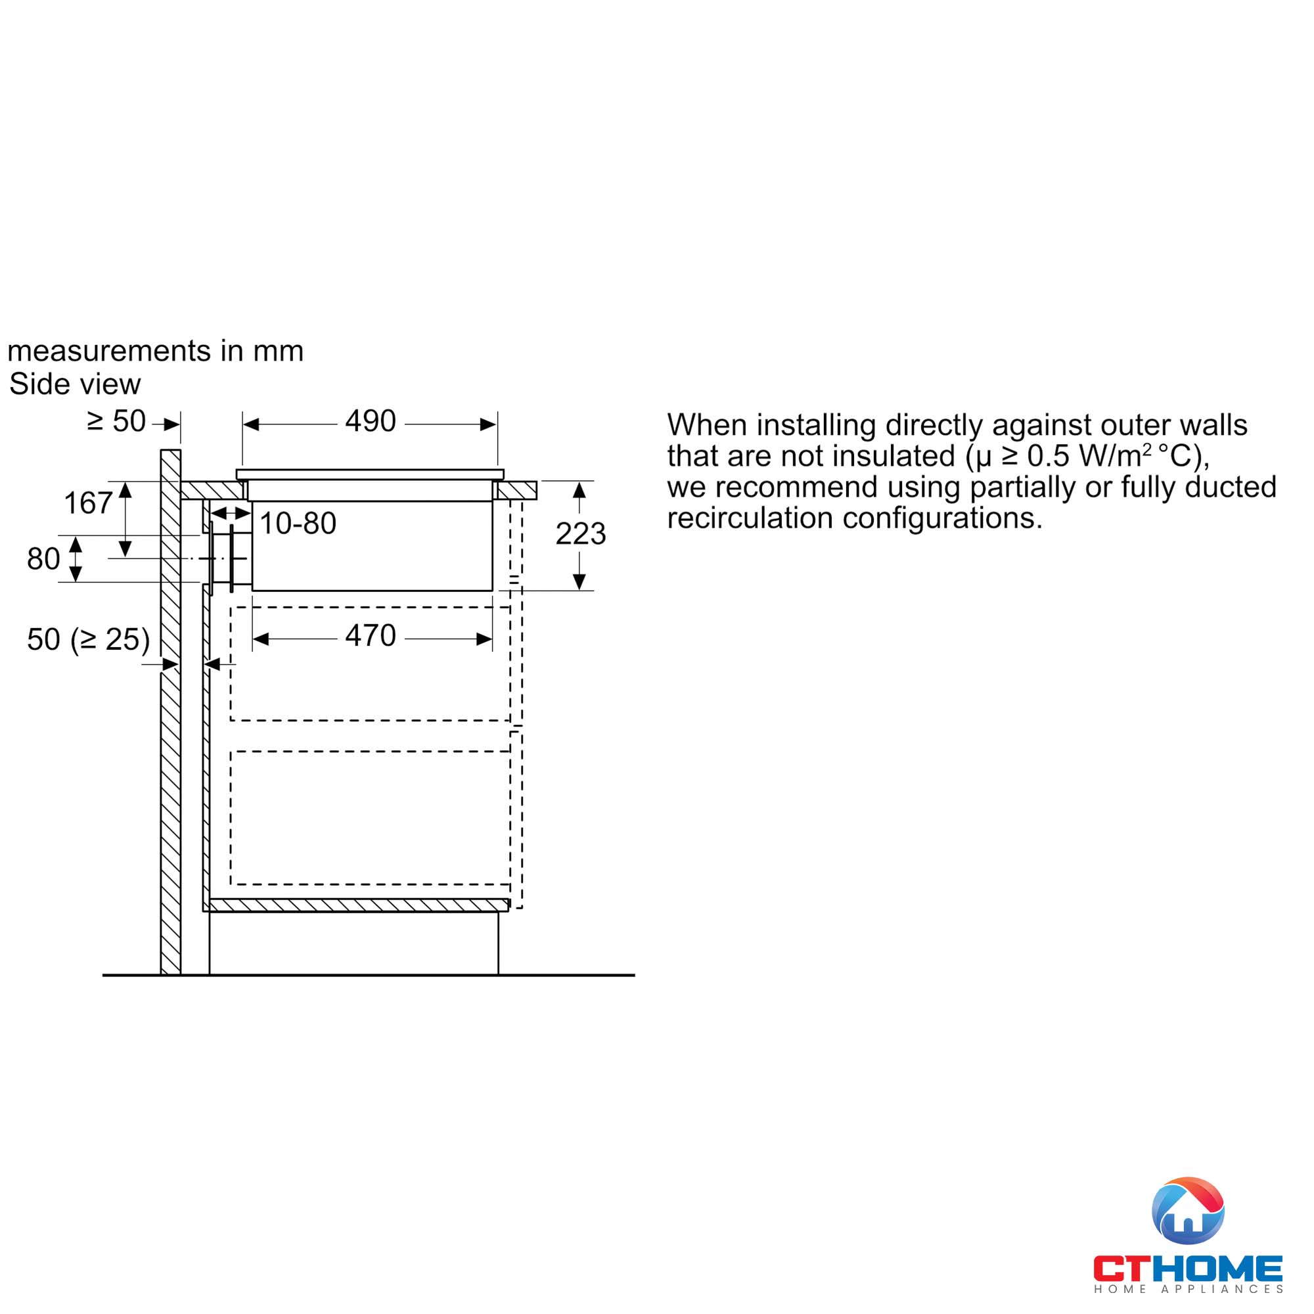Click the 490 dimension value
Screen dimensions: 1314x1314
(370, 421)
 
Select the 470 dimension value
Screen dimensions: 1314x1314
(370, 636)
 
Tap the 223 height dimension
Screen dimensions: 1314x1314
(580, 533)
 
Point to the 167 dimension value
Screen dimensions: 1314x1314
(88, 503)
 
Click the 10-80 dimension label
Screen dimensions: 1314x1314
(298, 524)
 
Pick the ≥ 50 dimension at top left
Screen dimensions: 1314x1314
(116, 421)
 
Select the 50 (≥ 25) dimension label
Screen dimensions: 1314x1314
(88, 639)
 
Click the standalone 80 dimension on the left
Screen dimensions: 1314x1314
(43, 559)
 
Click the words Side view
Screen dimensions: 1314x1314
(75, 384)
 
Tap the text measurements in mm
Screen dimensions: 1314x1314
(155, 351)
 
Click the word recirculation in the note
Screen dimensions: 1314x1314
(750, 518)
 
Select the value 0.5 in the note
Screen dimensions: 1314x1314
(1048, 456)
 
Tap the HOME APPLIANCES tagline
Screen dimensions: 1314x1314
(1188, 1289)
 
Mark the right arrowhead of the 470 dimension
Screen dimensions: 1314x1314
(484, 639)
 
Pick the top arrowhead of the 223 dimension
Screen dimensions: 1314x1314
(579, 489)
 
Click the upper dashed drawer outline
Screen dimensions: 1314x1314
(370, 607)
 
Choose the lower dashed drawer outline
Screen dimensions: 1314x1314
(370, 752)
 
